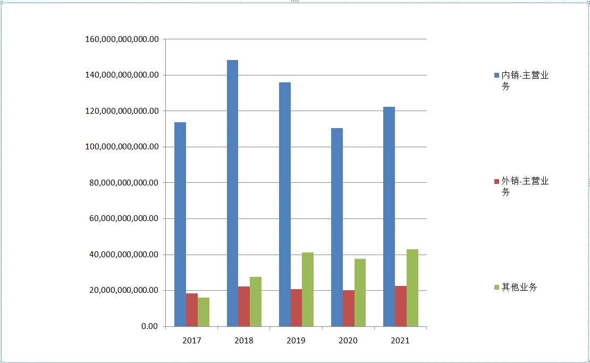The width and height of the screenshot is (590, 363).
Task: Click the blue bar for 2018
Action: [232, 193]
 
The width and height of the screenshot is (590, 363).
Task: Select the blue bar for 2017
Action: [180, 224]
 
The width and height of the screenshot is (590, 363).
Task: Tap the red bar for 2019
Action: [296, 308]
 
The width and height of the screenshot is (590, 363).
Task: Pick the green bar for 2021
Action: [412, 288]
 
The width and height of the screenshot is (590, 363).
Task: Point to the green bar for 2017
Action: [204, 312]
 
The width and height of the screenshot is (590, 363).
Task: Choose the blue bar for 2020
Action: [336, 227]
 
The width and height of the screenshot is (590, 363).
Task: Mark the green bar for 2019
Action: [308, 289]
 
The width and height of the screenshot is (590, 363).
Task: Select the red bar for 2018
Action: [244, 306]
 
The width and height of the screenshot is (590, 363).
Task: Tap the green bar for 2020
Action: [360, 292]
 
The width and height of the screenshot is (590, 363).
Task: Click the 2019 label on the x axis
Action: [296, 340]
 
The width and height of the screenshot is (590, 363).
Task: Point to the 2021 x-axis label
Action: [400, 340]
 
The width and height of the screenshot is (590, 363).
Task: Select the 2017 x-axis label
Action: [192, 340]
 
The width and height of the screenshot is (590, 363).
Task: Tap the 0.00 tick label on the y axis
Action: [149, 326]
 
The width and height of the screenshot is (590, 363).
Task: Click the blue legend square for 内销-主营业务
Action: [496, 75]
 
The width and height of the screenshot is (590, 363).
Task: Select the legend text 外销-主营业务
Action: [525, 186]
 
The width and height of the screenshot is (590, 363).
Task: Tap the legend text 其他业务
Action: [519, 287]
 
